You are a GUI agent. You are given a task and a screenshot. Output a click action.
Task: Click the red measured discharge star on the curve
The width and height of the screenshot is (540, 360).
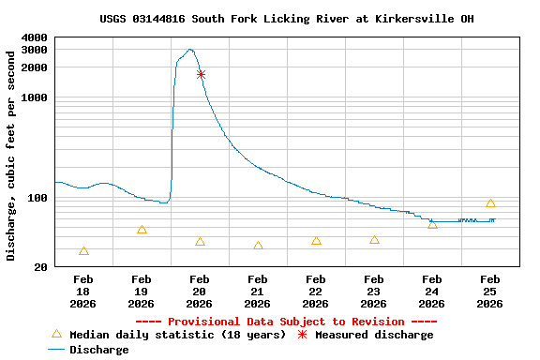201,74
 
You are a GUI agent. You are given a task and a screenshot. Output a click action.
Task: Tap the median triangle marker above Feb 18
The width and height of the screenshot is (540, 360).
84,251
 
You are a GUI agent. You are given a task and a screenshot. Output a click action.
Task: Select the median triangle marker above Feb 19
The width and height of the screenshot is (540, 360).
142,230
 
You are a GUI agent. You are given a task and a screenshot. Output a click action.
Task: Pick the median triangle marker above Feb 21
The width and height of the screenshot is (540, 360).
258,246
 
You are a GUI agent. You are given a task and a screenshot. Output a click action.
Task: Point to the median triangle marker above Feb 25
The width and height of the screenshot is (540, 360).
490,203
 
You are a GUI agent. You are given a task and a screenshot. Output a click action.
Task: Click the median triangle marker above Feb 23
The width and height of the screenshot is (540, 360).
374,240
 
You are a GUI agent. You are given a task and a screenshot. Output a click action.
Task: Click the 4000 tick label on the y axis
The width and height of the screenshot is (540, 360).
34,37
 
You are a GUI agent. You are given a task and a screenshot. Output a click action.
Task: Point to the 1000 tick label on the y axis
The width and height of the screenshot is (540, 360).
34,97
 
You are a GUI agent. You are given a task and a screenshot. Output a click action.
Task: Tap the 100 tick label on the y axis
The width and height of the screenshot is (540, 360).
37,198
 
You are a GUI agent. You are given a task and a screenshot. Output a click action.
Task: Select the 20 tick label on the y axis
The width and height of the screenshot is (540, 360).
41,267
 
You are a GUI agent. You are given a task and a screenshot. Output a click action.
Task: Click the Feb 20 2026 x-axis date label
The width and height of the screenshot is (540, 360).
200,291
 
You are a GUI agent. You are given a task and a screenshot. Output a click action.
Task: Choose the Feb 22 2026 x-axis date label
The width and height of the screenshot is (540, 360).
316,291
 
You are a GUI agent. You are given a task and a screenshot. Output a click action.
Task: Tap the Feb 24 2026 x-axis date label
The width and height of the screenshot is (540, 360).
432,291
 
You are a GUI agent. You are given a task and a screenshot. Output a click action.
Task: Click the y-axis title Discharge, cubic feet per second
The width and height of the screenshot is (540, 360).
11,156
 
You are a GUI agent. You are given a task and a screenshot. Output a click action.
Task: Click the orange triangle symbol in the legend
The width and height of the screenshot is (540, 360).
56,335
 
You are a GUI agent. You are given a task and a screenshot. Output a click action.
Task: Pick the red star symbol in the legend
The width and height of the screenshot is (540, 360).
302,335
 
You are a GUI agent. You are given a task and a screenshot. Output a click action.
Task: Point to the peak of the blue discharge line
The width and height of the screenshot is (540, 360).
190,50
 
